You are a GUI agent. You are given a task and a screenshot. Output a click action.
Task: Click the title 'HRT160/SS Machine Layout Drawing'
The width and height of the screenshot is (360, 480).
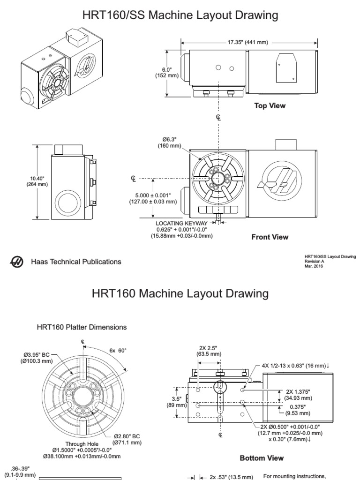click(180, 15)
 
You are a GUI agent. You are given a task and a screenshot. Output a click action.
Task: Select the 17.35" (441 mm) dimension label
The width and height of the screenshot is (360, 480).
click(247, 42)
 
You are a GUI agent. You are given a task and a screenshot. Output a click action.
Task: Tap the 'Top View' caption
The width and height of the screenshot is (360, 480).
click(270, 106)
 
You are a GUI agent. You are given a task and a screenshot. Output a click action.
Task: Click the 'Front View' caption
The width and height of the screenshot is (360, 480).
click(270, 237)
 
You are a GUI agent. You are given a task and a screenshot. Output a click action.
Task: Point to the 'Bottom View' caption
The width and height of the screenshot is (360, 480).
click(262, 457)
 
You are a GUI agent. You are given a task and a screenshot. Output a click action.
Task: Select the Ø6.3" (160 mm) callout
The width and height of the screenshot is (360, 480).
click(169, 142)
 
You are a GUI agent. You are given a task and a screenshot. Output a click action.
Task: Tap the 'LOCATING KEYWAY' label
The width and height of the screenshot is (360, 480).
click(181, 223)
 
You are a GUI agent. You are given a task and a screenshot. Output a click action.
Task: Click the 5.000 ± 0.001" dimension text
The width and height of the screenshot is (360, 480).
click(153, 195)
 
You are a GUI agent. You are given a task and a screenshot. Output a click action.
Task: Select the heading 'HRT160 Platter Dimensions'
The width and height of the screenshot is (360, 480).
click(82, 326)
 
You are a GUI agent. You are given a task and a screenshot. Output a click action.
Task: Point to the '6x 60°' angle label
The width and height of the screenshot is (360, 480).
click(118, 351)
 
